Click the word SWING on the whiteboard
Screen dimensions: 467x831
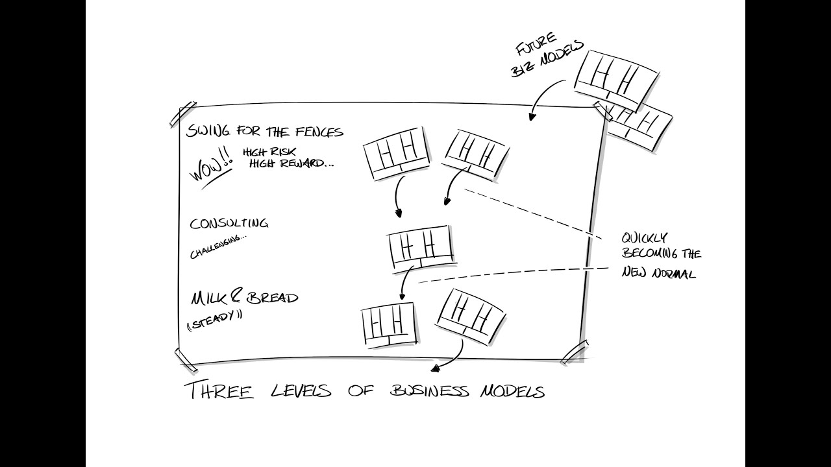[x=206, y=131]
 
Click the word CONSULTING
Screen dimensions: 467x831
[x=229, y=224]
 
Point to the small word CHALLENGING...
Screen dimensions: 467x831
[x=218, y=245]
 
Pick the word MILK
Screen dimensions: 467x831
[x=206, y=298]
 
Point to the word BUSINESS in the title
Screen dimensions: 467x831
[x=429, y=391]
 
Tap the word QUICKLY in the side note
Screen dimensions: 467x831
[x=644, y=238]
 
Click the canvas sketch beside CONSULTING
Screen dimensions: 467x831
[x=420, y=247]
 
